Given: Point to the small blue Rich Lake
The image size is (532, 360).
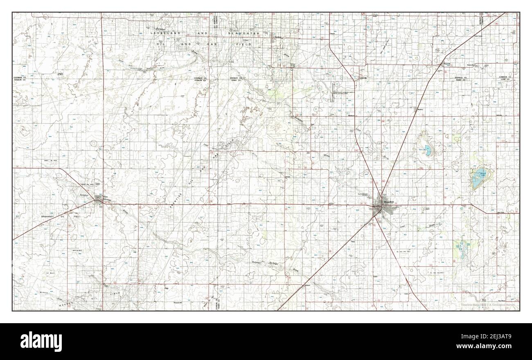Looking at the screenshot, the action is [427, 148].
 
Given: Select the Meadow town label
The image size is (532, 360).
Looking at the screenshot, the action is [420, 110].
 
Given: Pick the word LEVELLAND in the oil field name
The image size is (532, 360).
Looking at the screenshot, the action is [163, 32].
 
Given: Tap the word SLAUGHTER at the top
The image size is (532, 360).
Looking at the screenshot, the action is [244, 32].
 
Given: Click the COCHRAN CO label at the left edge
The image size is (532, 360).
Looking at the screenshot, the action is [20, 77].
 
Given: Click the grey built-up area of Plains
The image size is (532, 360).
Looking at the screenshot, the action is [99, 199].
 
